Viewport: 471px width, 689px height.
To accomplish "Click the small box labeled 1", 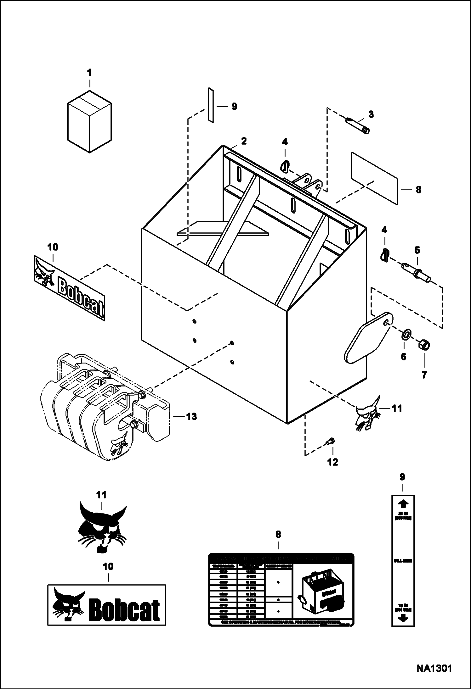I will click(x=89, y=121).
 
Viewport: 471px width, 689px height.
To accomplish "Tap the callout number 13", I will click(x=191, y=416).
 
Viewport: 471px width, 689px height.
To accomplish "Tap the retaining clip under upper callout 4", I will click(x=284, y=166).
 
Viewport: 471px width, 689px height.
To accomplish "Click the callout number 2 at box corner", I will click(x=244, y=141).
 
